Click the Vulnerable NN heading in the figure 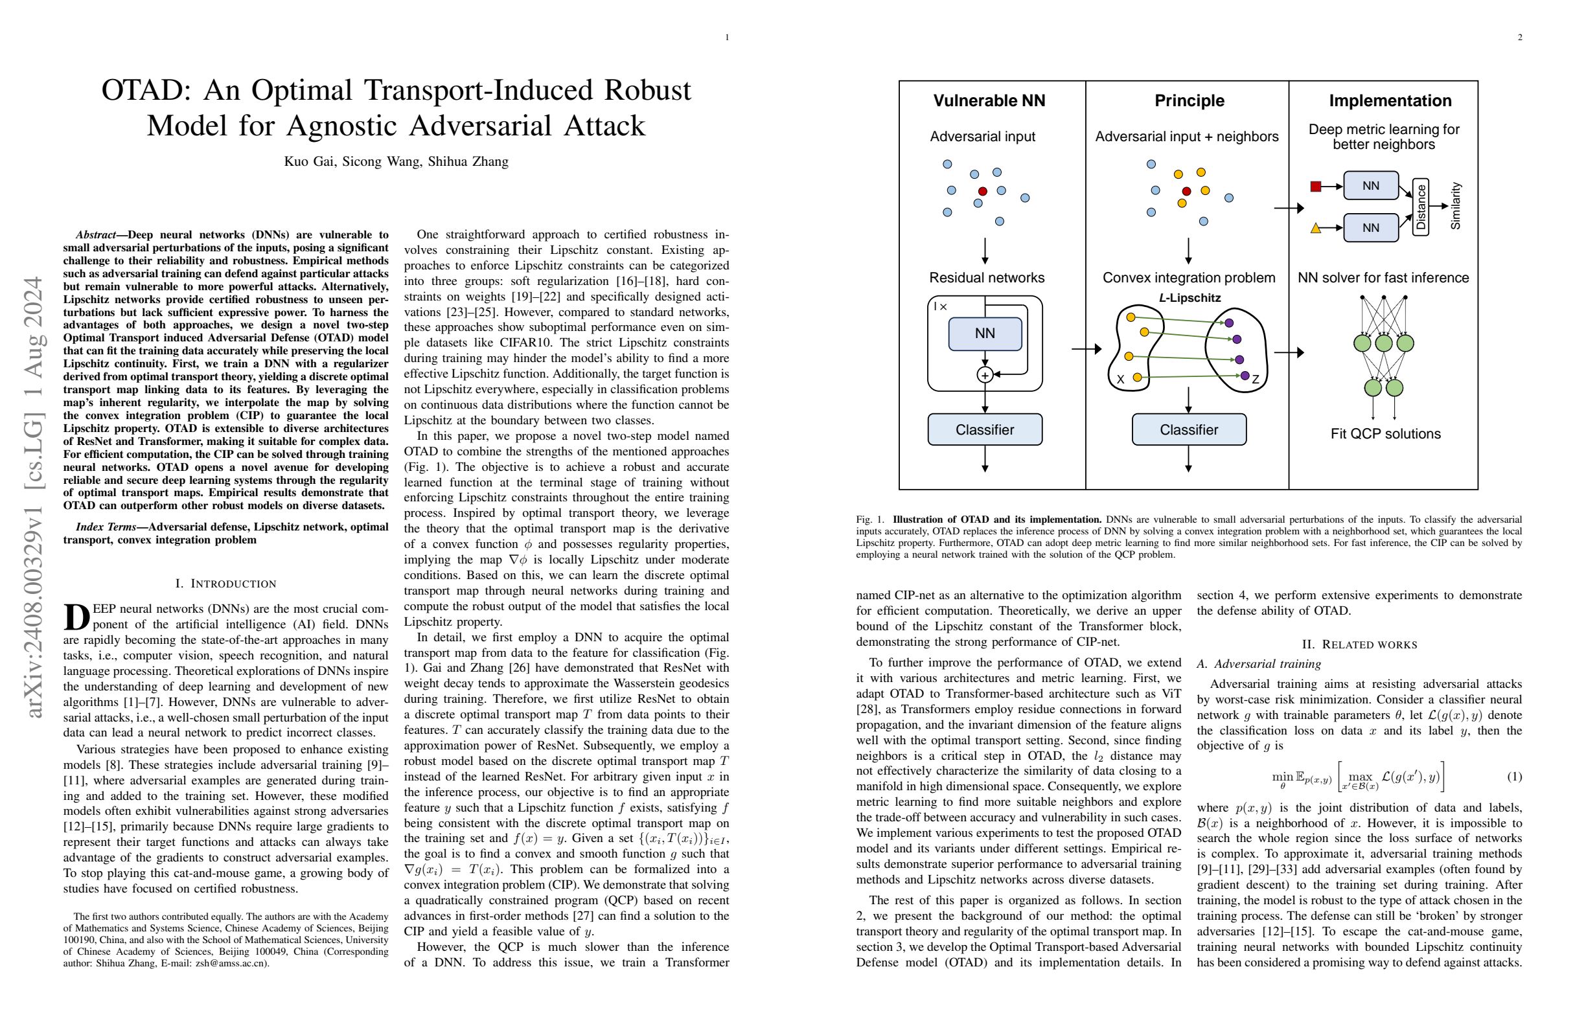989,100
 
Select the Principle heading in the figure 1189,100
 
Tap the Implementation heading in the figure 1390,100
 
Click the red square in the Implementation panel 1315,187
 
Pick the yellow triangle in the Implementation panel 1315,229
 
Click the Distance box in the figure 1421,207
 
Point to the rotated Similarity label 1455,207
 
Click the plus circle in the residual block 985,375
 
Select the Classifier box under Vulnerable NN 985,429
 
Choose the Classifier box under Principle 1189,429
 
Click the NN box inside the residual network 985,334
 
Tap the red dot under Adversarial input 982,192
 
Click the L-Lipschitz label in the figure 1189,298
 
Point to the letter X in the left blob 1120,380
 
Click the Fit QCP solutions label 1385,434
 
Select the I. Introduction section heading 225,584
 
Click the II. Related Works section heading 1359,645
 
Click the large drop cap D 76,617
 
